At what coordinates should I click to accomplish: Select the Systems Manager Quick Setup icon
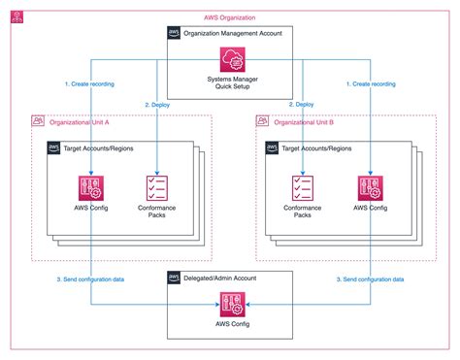point(230,63)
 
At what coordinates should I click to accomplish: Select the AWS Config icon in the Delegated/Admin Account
point(230,309)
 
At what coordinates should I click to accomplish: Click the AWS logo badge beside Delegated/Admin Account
point(175,278)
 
